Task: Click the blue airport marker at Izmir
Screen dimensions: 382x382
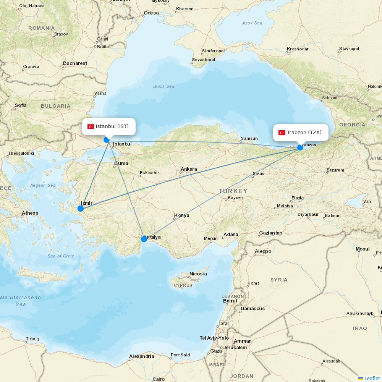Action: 81,209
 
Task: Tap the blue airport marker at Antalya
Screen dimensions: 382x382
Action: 144,239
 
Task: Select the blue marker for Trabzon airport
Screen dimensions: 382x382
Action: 300,147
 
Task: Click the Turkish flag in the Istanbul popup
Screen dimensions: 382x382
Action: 91,127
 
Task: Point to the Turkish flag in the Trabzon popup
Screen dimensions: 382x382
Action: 282,133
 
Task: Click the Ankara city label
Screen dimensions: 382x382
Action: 189,169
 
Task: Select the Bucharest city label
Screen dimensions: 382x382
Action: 75,63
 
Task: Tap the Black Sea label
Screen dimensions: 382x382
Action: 164,86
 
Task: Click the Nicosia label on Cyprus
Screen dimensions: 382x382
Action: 198,274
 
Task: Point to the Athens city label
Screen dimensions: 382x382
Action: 30,213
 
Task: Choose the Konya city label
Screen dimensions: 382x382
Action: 182,215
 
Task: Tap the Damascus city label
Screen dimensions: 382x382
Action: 253,308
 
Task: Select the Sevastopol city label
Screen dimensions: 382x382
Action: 204,60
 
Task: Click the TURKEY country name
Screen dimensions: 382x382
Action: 233,191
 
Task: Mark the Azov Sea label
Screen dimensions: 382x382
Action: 252,23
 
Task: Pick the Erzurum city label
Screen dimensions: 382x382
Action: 335,170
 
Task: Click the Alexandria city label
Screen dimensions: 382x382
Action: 142,356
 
